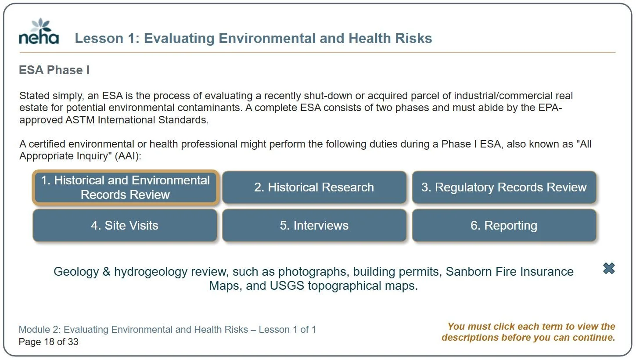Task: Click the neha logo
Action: pos(39,31)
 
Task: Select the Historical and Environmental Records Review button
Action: pos(125,187)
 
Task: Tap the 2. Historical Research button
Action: pos(314,187)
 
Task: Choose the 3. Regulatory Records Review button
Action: pos(504,187)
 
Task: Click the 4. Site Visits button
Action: pos(125,225)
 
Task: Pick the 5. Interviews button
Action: pos(314,225)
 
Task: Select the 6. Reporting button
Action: pos(504,225)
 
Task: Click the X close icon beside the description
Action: pos(609,268)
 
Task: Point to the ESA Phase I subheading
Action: pos(54,70)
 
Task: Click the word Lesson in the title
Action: pos(99,38)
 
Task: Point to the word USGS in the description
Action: pos(287,286)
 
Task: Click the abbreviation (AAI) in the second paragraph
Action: pos(128,156)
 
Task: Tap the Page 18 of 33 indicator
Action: pos(49,342)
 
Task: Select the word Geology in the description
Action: pos(76,272)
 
